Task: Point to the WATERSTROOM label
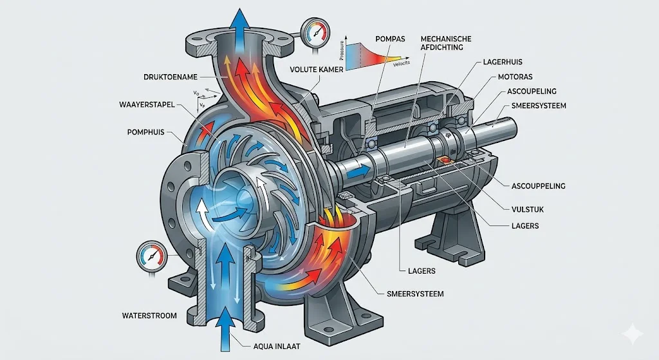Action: click(x=149, y=316)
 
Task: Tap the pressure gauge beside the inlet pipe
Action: click(x=150, y=256)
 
